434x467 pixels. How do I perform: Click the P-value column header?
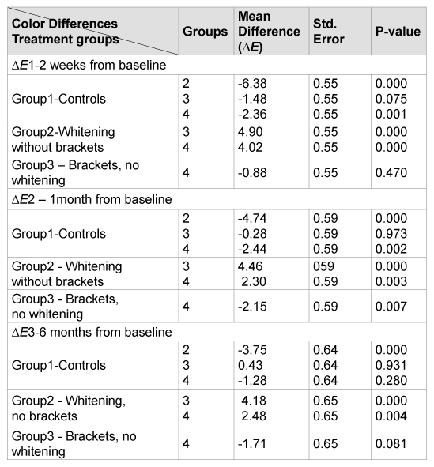coord(398,32)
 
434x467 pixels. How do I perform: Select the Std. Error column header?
coord(329,32)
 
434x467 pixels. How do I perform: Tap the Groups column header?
coord(206,32)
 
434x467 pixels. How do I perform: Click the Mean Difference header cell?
coord(269,32)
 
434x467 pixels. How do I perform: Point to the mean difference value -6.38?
coord(252,84)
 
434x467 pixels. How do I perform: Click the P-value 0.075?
coord(391,99)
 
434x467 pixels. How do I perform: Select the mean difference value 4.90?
coord(251,132)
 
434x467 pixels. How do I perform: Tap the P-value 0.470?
coord(391,173)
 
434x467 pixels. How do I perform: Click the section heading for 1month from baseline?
coord(92,200)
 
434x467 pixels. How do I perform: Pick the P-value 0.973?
coord(391,234)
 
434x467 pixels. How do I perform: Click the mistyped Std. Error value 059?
coord(323,266)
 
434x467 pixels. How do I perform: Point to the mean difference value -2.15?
coord(252,307)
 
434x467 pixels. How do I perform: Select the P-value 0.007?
coord(391,307)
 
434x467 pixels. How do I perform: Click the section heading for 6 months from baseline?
coord(92,332)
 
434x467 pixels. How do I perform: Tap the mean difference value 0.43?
coord(251,365)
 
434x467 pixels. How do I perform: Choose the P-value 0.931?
coord(391,365)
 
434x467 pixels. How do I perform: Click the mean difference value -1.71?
coord(251,444)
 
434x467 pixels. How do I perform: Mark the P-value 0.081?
coord(391,444)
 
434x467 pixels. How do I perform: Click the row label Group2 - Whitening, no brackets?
coord(69,409)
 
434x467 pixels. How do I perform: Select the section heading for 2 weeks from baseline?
coord(89,65)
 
